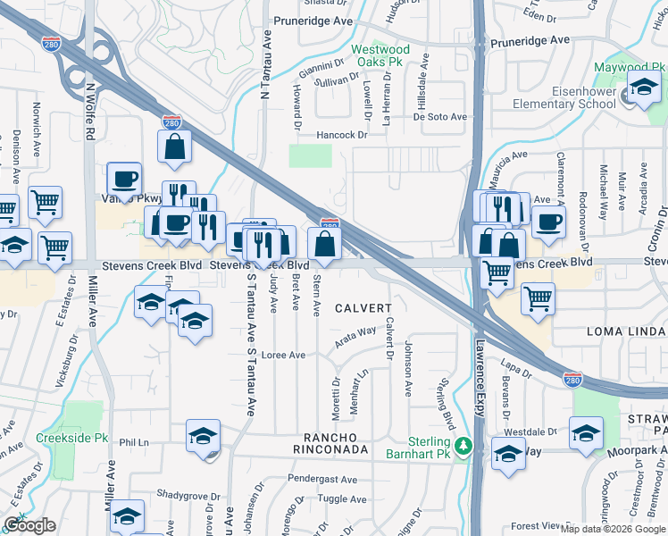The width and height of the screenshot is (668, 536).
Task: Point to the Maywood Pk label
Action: [x=624, y=68]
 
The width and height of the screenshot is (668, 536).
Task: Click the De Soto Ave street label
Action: [x=439, y=117]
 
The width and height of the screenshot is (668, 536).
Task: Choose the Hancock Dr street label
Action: [x=344, y=135]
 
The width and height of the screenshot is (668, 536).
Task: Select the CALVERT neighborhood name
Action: [x=363, y=308]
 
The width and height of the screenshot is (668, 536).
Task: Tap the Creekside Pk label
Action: [x=71, y=439]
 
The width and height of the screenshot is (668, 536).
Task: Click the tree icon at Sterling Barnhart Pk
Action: [x=463, y=445]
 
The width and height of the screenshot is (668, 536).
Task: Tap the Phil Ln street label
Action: [x=133, y=442]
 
